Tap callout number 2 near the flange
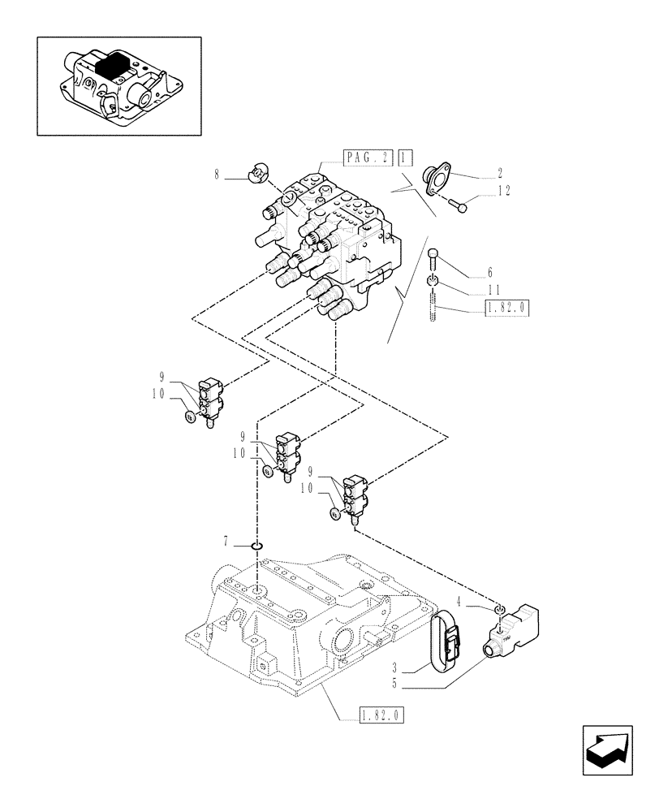pos(500,172)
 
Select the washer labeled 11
pos(433,282)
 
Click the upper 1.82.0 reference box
pos(506,308)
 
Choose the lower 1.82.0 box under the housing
pos(381,715)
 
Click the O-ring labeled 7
pos(256,546)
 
